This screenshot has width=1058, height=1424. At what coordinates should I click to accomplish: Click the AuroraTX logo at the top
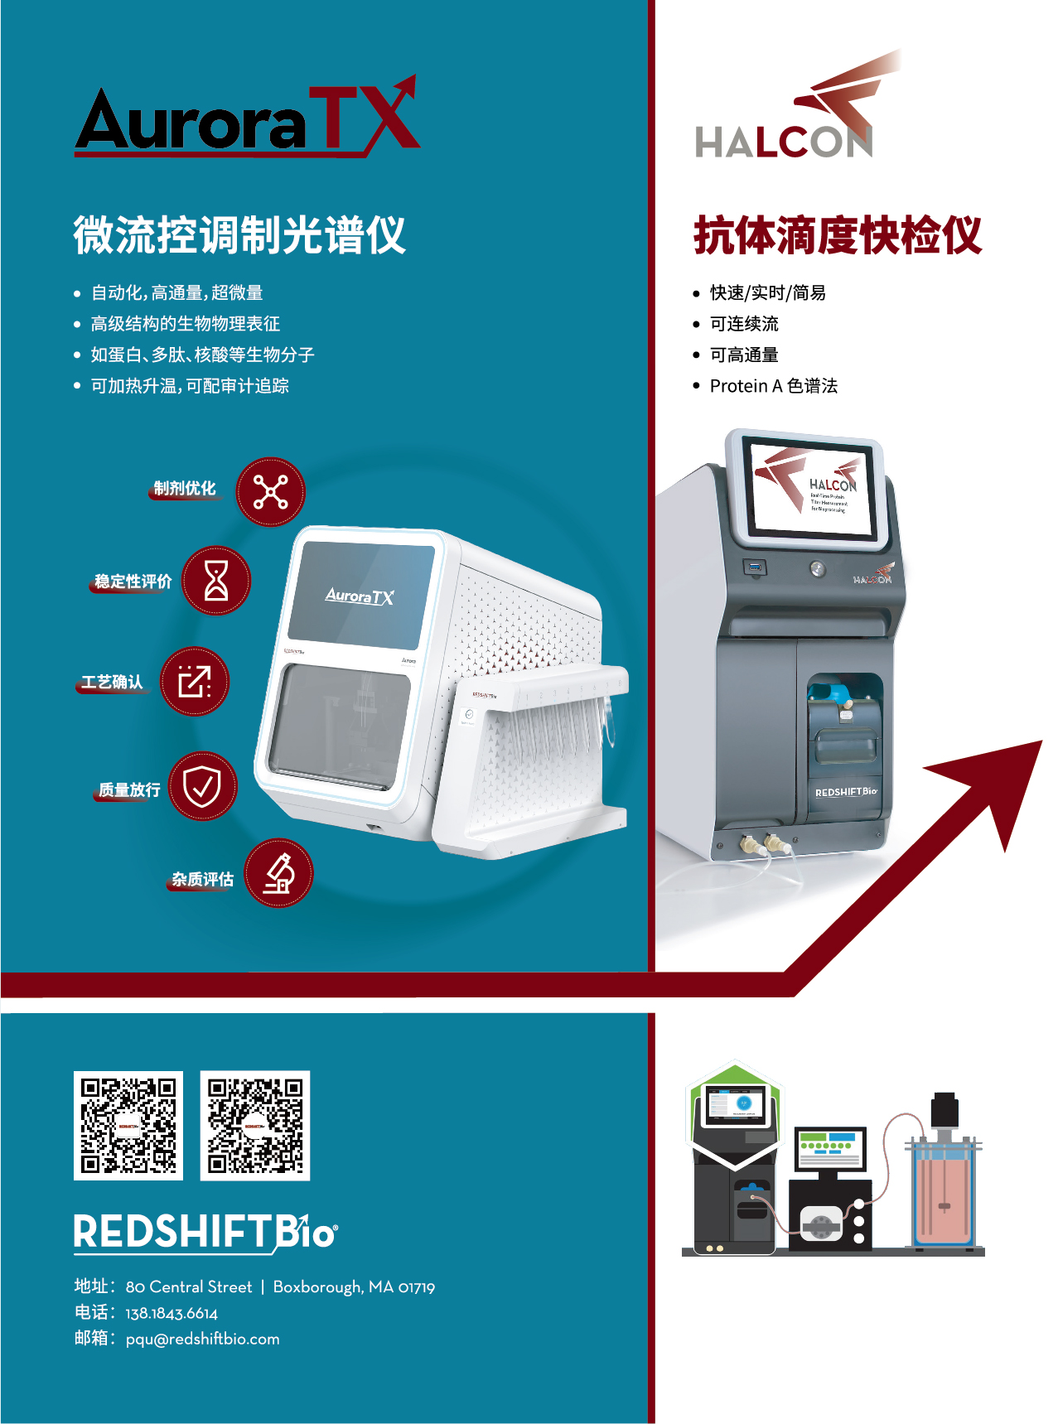[x=247, y=120]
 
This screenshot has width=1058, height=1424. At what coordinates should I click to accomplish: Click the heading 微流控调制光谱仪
[x=239, y=235]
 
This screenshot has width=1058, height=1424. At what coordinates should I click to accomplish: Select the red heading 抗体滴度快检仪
[x=838, y=235]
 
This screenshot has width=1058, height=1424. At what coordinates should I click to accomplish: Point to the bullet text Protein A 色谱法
[x=773, y=386]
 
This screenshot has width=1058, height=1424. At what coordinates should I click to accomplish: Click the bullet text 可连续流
[x=744, y=324]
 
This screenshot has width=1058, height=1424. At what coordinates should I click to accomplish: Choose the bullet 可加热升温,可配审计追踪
[x=190, y=386]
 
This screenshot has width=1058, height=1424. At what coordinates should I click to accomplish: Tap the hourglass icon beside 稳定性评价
[x=216, y=580]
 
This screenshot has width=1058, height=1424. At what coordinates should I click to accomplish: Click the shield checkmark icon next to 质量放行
[x=202, y=786]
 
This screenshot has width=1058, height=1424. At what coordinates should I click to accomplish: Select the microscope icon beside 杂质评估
[x=279, y=873]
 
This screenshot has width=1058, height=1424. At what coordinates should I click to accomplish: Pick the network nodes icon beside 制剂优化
[x=270, y=492]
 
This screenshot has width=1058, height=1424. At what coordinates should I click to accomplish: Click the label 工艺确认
[x=112, y=683]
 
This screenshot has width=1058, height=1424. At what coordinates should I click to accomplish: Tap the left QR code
[x=128, y=1125]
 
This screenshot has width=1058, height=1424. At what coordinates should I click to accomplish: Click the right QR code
[x=255, y=1125]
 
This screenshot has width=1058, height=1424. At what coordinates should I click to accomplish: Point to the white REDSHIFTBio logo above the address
[x=205, y=1232]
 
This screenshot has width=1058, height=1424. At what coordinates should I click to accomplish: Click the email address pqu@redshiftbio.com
[x=202, y=1339]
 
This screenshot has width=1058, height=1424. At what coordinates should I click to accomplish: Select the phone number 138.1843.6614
[x=172, y=1313]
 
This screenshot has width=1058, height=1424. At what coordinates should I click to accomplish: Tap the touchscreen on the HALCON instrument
[x=812, y=490]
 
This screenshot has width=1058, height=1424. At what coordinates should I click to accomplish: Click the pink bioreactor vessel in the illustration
[x=943, y=1193]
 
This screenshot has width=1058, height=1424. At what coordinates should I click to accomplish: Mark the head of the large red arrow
[x=1002, y=779]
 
